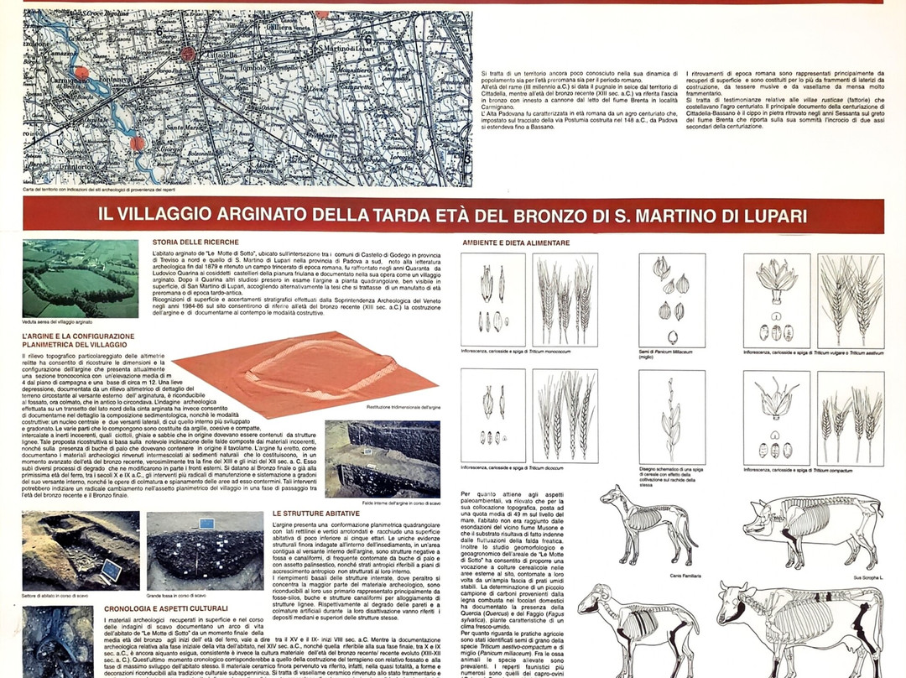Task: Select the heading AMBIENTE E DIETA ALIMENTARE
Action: pos(515,243)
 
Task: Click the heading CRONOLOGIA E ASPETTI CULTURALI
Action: pos(165,608)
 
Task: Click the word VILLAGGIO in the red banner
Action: pos(169,215)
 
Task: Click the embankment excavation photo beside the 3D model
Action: pos(382,459)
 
